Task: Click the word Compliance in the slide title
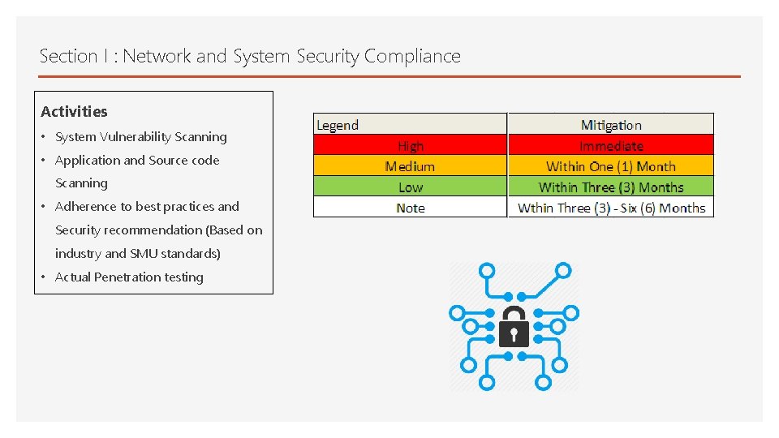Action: coord(412,57)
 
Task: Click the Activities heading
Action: coord(74,112)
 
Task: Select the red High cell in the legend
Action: coord(411,146)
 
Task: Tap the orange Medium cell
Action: coord(410,166)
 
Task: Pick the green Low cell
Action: coord(411,187)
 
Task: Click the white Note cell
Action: coord(411,208)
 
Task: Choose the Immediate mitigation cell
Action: coord(611,146)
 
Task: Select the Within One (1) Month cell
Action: coord(611,166)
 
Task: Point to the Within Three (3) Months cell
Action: coord(611,187)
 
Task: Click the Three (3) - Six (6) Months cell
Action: coord(611,208)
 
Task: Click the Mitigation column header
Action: coord(611,125)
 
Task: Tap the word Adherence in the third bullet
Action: coord(85,207)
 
